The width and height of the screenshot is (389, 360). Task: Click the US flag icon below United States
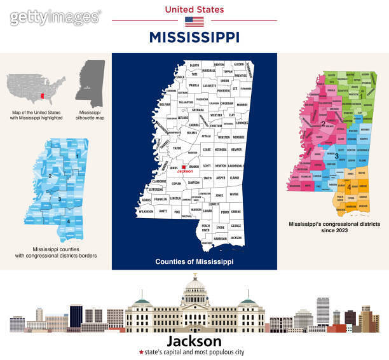(194, 21)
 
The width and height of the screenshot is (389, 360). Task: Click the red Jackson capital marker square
(182, 167)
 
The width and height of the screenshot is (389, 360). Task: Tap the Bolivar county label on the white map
(165, 104)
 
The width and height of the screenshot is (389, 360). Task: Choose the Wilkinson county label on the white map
(146, 209)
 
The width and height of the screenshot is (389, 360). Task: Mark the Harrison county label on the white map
(221, 239)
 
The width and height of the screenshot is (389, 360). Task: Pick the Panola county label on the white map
(194, 85)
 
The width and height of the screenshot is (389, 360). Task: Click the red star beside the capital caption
(141, 352)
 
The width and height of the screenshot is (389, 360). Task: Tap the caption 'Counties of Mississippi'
(194, 261)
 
